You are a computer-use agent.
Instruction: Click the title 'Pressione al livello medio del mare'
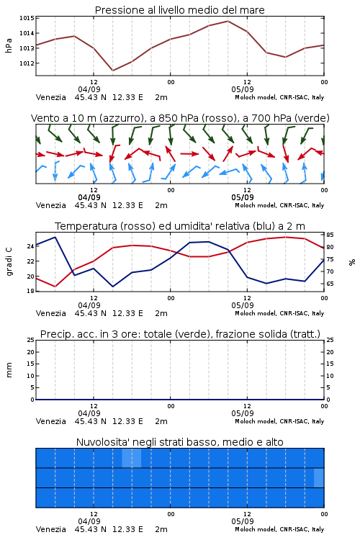click(x=179, y=10)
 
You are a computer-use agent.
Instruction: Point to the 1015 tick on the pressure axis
click(x=27, y=18)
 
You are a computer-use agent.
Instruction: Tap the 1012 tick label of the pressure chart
click(x=27, y=63)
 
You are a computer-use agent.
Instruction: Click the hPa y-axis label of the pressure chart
click(x=9, y=45)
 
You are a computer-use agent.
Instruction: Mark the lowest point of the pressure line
click(x=112, y=71)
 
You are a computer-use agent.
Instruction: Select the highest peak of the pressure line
click(x=228, y=21)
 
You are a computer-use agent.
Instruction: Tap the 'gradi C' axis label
click(x=9, y=262)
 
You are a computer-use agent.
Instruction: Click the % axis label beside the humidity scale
click(x=352, y=262)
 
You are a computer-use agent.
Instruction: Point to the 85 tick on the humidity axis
click(x=330, y=235)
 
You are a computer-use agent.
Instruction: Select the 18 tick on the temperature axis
click(x=30, y=291)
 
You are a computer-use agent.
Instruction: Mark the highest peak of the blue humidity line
click(x=55, y=237)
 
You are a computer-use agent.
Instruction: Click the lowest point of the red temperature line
click(x=55, y=287)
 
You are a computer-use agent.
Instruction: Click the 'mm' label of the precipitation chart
click(x=9, y=370)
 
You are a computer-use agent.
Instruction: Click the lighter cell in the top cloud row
click(x=132, y=458)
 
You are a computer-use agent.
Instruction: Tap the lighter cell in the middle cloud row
click(x=319, y=477)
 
